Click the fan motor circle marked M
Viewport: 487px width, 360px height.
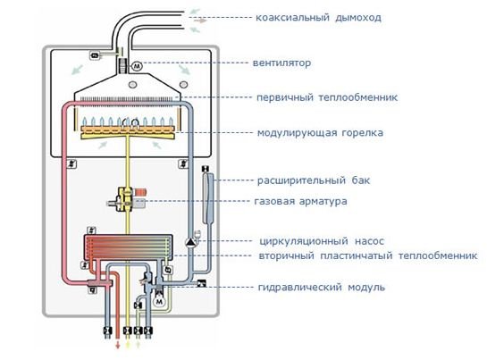pos(137,66)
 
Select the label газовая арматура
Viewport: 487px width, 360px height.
pos(302,201)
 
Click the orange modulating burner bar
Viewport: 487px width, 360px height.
pos(133,133)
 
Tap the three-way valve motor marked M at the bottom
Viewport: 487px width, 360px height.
pos(158,301)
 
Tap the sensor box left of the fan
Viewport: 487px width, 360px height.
pos(96,56)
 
